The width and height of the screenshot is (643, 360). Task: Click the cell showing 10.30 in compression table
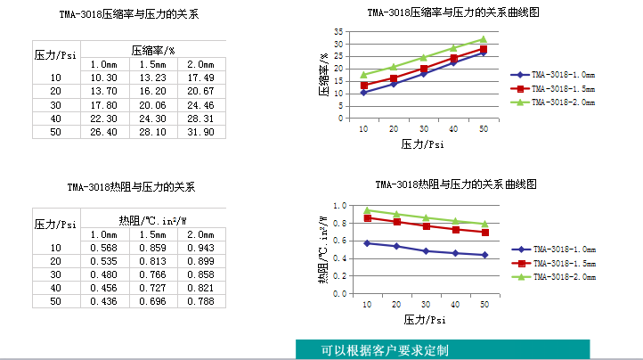tap(104, 78)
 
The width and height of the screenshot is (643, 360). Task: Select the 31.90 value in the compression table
tap(202, 132)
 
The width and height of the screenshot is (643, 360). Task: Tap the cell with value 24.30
tap(153, 119)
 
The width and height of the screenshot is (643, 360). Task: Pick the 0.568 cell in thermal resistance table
tap(104, 248)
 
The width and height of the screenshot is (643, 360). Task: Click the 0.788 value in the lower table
tap(202, 301)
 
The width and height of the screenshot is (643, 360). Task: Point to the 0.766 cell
tap(153, 274)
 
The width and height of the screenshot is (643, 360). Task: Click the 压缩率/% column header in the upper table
tap(153, 50)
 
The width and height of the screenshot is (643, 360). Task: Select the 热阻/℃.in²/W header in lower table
tap(153, 220)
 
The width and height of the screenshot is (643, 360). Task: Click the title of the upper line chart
tap(454, 12)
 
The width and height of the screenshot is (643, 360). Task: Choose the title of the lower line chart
tap(454, 184)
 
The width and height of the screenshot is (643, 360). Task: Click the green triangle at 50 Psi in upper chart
tap(484, 39)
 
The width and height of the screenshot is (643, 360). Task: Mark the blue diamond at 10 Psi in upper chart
tap(363, 92)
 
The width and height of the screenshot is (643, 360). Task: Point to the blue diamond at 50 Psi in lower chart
tap(484, 255)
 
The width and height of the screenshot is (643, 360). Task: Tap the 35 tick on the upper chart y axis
tap(338, 31)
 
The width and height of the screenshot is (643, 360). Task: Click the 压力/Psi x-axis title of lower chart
tap(423, 318)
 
